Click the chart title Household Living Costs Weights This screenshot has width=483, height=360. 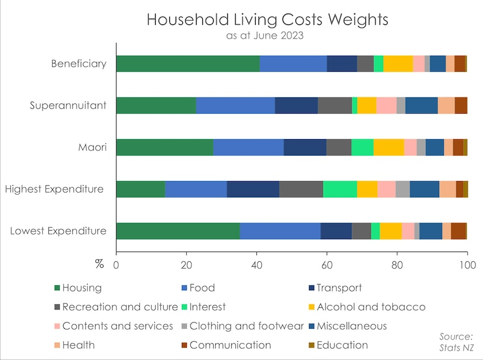point(267,19)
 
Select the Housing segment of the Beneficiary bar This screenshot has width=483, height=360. point(188,64)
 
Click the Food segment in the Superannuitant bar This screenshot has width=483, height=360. point(235,106)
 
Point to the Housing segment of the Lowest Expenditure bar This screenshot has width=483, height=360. point(178,231)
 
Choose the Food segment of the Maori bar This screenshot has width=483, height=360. point(248,147)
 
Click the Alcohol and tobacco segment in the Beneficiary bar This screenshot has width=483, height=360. point(398,64)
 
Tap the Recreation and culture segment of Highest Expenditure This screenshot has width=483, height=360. point(301,189)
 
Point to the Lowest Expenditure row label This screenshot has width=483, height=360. point(58,231)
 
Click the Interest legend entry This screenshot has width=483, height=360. point(207,307)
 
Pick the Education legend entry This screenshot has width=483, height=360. point(343,345)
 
